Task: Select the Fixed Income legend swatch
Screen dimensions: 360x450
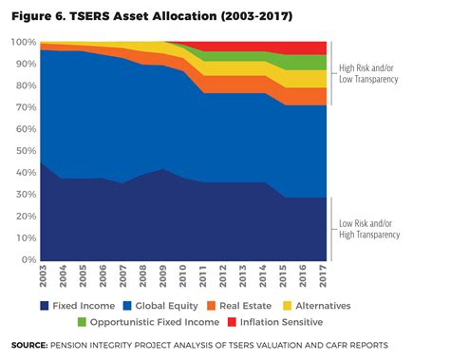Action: click(x=45, y=306)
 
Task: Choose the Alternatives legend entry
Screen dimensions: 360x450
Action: click(x=319, y=306)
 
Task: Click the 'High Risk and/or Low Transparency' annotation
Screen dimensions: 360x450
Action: click(x=369, y=74)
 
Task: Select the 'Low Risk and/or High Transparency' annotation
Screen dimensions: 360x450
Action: click(x=369, y=229)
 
